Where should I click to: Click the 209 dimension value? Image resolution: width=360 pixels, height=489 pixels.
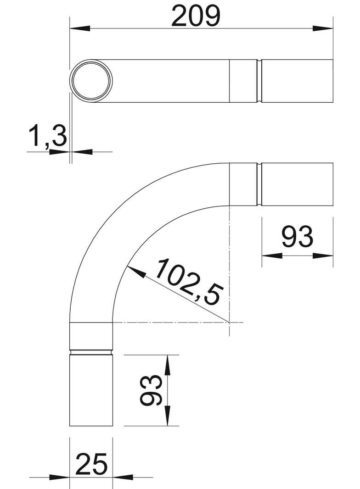pos(196,16)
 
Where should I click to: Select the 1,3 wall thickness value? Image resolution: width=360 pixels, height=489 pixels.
pos(48,136)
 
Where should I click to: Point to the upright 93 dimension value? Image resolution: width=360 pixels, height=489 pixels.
pos(297,237)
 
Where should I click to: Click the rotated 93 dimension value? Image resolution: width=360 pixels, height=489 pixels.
pos(151,390)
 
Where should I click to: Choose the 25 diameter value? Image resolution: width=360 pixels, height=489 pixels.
pos(91,464)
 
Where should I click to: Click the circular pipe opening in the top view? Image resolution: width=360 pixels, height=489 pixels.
pos(91,81)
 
